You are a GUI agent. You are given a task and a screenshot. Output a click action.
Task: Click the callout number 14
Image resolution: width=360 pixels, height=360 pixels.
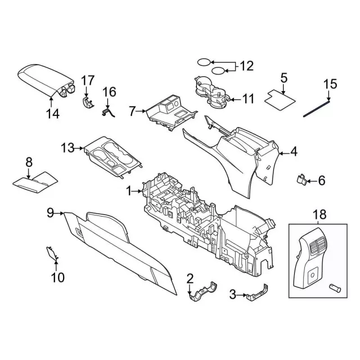[x=52, y=115]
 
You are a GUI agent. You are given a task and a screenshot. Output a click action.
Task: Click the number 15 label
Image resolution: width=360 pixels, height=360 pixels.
[x=330, y=84]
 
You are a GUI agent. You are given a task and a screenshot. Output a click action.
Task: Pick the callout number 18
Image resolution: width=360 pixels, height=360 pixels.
[x=319, y=214]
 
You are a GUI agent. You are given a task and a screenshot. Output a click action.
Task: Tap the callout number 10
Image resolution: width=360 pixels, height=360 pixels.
[x=58, y=277]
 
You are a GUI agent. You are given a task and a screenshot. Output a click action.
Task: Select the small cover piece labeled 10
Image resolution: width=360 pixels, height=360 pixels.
[x=52, y=252]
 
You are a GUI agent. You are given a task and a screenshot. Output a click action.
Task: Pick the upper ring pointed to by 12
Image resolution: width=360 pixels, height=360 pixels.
[x=205, y=62]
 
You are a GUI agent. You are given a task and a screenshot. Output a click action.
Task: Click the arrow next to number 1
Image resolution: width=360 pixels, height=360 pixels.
[x=139, y=192]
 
